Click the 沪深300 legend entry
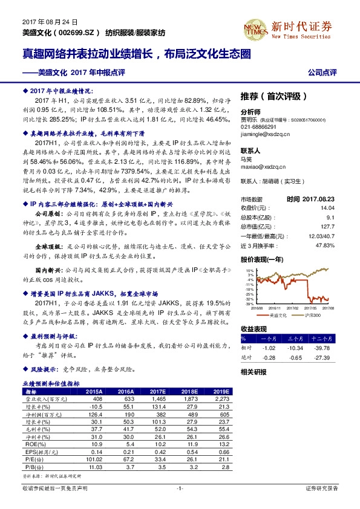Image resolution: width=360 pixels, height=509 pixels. click(x=309, y=315)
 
